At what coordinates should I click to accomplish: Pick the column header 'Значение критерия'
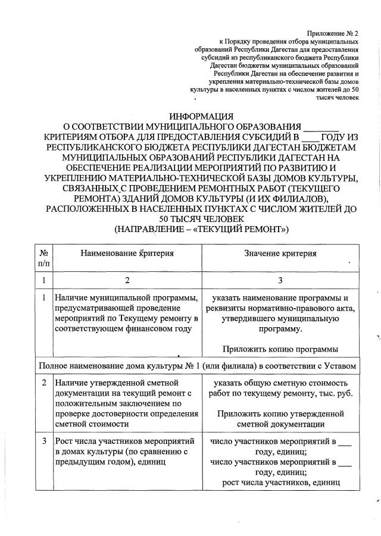[280, 253]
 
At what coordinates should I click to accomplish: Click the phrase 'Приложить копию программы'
[280, 349]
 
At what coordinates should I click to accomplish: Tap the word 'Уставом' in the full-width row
[340, 365]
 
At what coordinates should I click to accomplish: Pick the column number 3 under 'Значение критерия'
[280, 280]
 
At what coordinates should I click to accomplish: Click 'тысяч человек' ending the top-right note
[338, 97]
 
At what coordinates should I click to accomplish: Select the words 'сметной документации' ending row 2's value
[280, 424]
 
